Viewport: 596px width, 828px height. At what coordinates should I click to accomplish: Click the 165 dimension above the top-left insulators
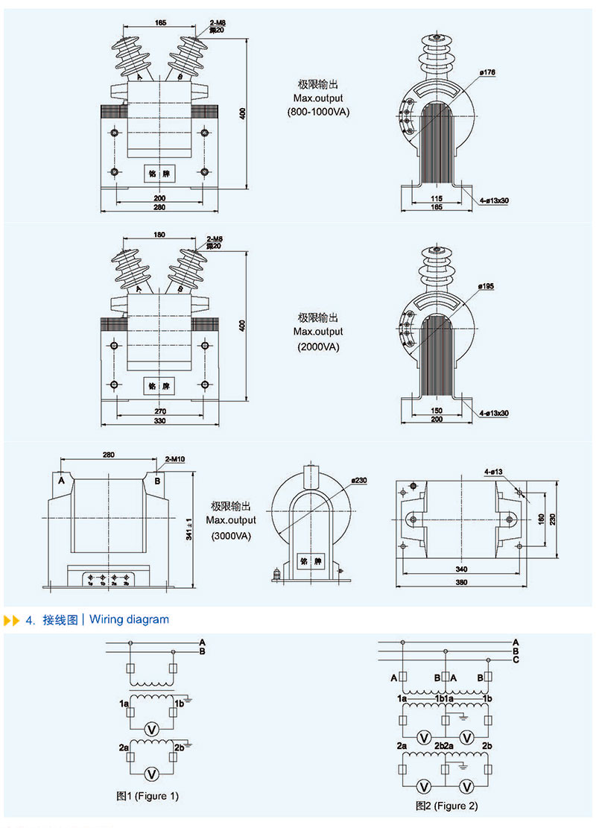[160, 23]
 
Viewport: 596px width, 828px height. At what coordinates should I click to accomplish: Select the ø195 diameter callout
[487, 286]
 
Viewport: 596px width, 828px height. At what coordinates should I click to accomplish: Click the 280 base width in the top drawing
[159, 207]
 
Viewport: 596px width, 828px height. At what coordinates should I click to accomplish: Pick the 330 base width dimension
[159, 421]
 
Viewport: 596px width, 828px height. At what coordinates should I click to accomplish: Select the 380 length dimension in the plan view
[461, 583]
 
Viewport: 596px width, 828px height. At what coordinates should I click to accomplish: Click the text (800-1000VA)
[317, 112]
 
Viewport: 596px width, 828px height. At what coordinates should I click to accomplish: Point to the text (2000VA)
[318, 347]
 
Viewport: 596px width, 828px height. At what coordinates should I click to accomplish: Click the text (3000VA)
[231, 535]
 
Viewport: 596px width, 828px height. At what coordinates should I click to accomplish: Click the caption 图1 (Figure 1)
[148, 796]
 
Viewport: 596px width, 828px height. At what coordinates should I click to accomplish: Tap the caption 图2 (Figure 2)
[446, 806]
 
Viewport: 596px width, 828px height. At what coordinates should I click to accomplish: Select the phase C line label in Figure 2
[516, 660]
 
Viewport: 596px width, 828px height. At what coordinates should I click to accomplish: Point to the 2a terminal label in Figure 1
[123, 747]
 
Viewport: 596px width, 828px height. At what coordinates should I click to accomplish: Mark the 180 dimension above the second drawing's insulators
[159, 235]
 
